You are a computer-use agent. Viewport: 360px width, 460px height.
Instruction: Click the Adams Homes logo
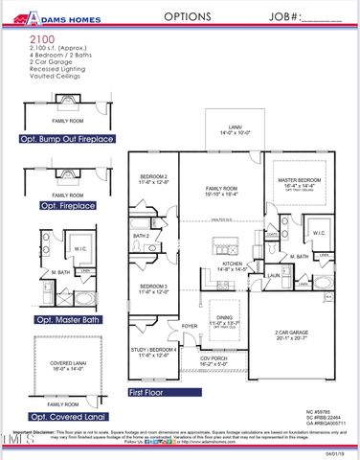56,17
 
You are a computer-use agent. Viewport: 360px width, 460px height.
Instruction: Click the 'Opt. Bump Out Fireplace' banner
66,139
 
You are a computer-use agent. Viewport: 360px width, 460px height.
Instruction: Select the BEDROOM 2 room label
153,178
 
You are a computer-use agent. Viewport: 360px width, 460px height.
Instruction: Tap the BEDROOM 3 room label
153,287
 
